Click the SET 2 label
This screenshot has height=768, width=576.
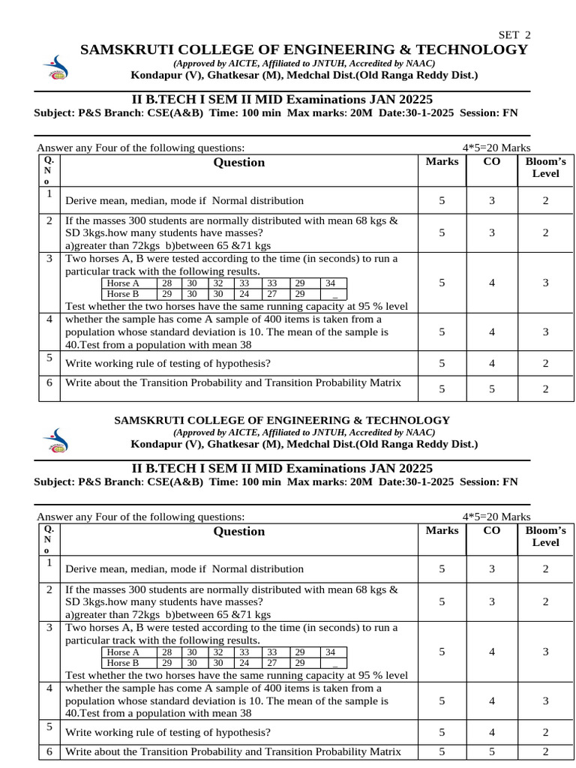[x=514, y=35]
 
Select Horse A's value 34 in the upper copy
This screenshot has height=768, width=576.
[x=331, y=283]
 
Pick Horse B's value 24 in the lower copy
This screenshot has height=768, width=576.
[x=244, y=663]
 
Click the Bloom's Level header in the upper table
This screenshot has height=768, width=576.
[x=545, y=167]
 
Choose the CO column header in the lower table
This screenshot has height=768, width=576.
[x=492, y=530]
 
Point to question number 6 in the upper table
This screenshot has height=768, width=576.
[x=49, y=382]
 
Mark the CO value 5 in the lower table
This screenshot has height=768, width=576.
[x=492, y=751]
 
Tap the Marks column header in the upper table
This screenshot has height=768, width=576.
[x=442, y=161]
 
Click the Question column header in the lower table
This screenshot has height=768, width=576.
[x=239, y=531]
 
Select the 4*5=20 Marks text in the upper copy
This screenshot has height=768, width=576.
[x=496, y=148]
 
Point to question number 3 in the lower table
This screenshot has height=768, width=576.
[x=49, y=627]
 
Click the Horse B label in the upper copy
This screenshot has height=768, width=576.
[x=123, y=294]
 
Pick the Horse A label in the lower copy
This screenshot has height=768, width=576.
[x=123, y=652]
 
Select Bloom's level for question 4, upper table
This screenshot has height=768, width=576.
[x=545, y=331]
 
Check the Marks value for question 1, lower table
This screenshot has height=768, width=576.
[x=442, y=569]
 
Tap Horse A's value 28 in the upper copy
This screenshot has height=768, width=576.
[x=166, y=283]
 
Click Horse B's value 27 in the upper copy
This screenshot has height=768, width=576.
[x=272, y=294]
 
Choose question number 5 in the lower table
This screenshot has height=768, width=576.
[x=49, y=727]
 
